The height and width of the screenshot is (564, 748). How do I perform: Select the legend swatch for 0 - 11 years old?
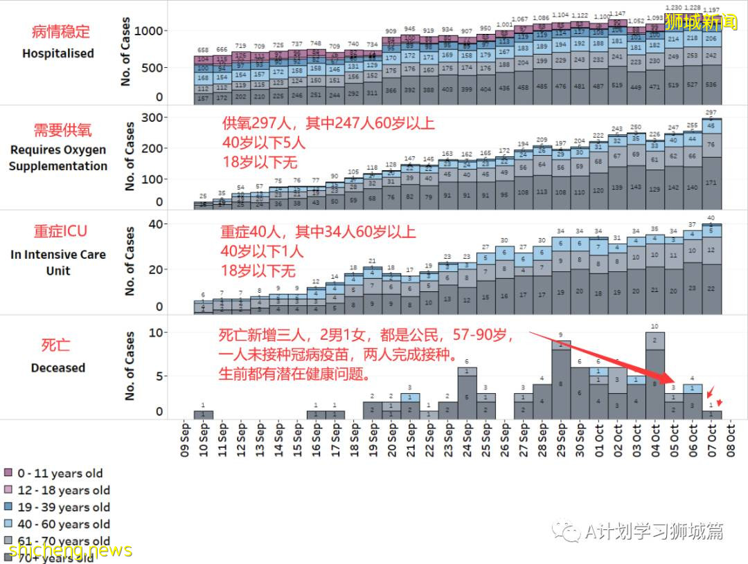pyautogui.click(x=9, y=473)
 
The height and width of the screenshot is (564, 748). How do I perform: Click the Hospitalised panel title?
pyautogui.click(x=58, y=53)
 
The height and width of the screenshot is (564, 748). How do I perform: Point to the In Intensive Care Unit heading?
pyautogui.click(x=58, y=262)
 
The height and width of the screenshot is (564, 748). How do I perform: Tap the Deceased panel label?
pyautogui.click(x=58, y=367)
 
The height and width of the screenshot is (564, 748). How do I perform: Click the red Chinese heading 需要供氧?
pyautogui.click(x=62, y=130)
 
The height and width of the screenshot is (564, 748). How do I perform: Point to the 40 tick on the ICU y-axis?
pyautogui.click(x=157, y=224)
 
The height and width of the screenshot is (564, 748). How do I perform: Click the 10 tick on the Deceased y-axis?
pyautogui.click(x=157, y=333)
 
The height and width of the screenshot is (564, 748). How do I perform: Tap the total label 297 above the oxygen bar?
pyautogui.click(x=711, y=112)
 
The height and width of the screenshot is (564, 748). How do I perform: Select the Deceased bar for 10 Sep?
pyautogui.click(x=204, y=415)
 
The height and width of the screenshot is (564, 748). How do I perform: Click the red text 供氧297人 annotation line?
pyautogui.click(x=328, y=124)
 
